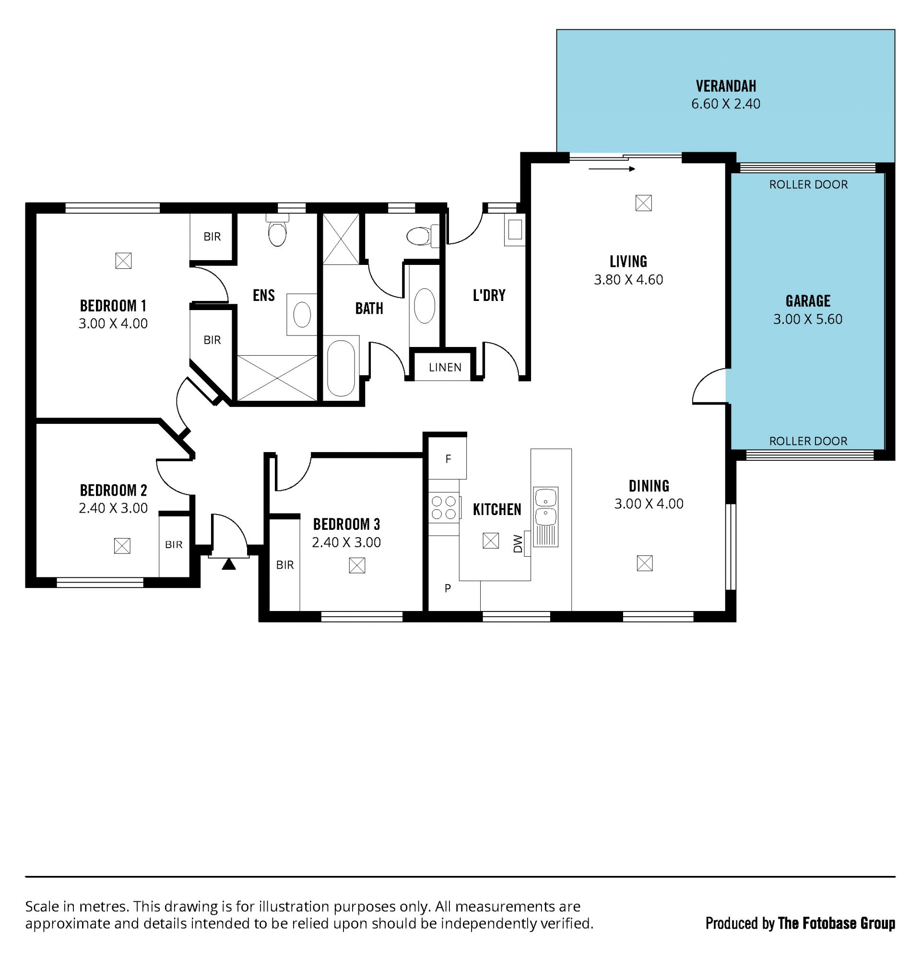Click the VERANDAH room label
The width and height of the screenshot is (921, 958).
726,86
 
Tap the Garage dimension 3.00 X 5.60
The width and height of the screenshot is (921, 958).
808,319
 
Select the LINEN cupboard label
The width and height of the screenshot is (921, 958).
445,367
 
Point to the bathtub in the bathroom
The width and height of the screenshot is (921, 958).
341,367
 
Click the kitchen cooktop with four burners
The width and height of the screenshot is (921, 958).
444,507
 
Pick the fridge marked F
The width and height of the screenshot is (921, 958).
448,458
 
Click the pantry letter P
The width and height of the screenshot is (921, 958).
448,588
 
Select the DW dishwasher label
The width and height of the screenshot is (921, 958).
518,543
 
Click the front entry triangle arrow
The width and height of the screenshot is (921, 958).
229,564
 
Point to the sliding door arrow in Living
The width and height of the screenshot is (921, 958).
612,169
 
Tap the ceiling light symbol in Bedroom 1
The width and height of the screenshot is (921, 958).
123,261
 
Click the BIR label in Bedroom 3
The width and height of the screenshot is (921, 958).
285,565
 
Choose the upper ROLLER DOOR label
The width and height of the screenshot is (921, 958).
809,184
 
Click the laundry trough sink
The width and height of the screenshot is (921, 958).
515,230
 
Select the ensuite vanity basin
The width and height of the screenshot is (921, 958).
302,314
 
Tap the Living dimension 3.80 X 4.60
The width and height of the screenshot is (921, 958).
628,280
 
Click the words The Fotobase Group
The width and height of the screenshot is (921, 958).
837,923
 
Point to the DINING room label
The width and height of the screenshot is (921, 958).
649,486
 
